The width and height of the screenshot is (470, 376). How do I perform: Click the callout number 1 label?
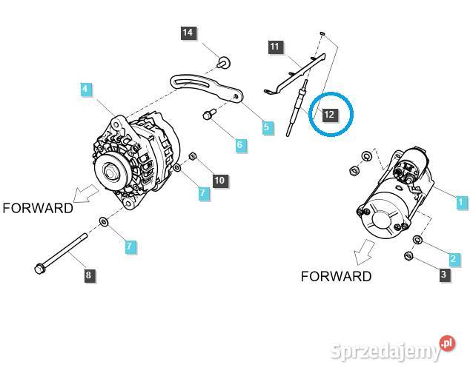[461, 201]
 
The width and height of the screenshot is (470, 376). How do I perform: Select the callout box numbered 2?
[453, 259]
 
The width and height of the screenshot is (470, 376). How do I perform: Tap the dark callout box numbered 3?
[444, 275]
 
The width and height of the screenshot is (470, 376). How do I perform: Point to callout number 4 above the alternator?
[86, 90]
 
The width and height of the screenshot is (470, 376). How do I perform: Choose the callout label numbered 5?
[268, 128]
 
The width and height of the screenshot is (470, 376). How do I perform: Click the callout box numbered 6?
[239, 145]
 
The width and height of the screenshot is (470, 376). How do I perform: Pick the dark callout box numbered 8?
[88, 275]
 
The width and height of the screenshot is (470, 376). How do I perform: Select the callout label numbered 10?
[219, 180]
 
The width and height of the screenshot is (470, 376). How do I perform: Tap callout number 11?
[275, 47]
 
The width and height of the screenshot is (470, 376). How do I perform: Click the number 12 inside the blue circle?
[329, 115]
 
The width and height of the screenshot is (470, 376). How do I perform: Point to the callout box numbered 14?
[188, 33]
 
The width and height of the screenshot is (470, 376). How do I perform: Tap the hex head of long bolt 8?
[40, 268]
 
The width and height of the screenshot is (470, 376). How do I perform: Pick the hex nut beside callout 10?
[191, 157]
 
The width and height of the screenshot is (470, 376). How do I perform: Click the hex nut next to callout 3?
[408, 256]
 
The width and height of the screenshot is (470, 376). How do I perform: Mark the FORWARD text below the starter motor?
[336, 276]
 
